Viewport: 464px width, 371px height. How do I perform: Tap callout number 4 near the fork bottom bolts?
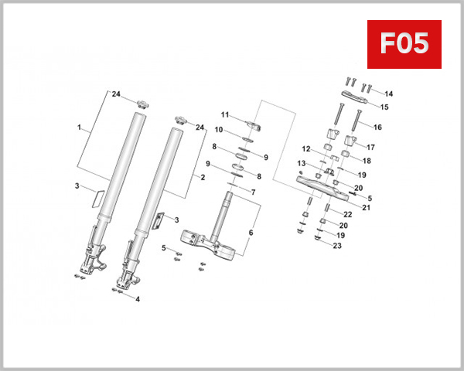click(138, 299)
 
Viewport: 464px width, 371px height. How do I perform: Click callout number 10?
click(219, 131)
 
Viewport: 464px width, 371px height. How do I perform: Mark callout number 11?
click(225, 114)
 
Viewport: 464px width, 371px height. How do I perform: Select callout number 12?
click(306, 148)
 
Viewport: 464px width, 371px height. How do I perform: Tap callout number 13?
click(302, 163)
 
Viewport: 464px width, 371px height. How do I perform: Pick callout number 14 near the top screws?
click(388, 94)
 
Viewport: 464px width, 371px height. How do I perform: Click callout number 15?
click(384, 107)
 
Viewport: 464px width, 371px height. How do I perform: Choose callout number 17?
click(370, 147)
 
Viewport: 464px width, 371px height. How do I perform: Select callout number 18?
click(368, 161)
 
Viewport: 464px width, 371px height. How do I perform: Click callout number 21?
click(366, 207)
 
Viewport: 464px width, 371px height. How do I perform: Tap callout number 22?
click(348, 214)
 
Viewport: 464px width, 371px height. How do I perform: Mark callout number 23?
click(336, 246)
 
